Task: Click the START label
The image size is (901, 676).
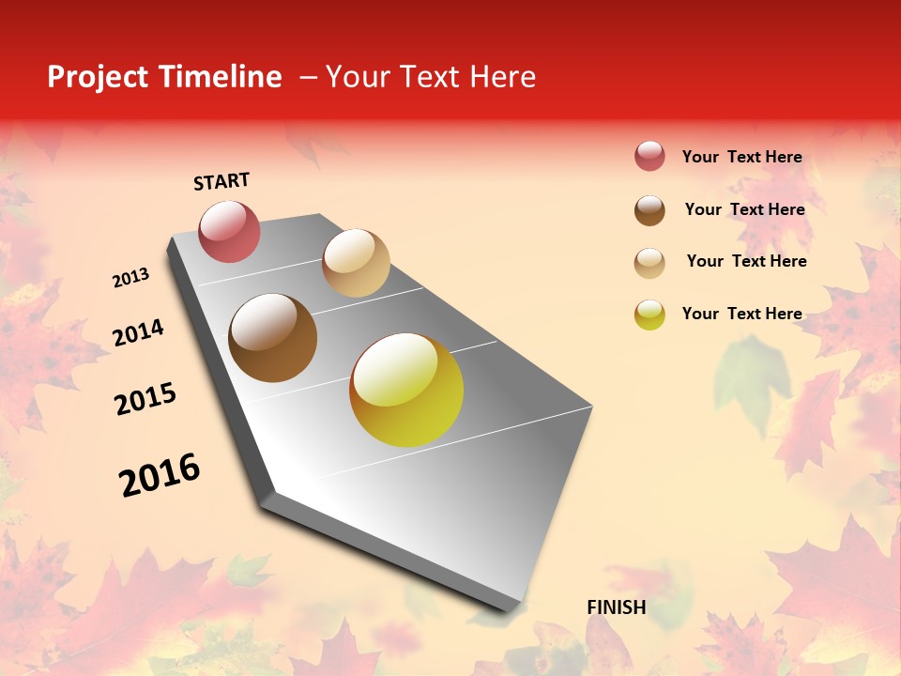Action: [221, 181]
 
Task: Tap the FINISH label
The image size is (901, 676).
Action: [616, 607]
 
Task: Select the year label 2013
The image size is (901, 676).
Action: [130, 278]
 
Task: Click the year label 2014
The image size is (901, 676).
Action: [138, 333]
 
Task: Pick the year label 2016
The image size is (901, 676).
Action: [160, 475]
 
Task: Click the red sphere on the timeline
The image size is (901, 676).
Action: [229, 231]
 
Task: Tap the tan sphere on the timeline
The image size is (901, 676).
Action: [356, 263]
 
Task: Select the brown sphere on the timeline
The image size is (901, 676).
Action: [273, 338]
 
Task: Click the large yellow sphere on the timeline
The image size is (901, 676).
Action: [406, 390]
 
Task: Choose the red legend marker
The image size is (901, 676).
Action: [649, 157]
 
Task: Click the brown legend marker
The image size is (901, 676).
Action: [649, 210]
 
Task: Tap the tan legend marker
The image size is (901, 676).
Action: [649, 263]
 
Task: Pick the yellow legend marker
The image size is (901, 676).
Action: [649, 315]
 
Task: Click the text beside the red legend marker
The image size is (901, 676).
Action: [741, 157]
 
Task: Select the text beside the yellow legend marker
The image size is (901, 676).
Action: [741, 314]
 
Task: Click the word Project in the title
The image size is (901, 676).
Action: [99, 77]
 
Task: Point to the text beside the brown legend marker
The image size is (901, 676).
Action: [744, 209]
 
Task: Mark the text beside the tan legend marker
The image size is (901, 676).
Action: [746, 261]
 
